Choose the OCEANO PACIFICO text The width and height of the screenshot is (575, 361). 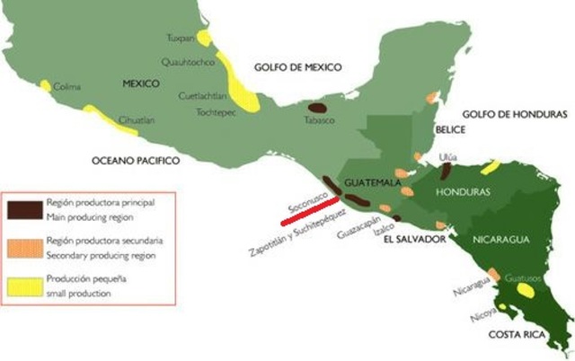(x=136, y=160)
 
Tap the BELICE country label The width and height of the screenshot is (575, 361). (x=449, y=130)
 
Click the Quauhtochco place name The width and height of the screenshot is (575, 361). (x=185, y=63)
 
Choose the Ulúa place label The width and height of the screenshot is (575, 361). (x=447, y=156)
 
